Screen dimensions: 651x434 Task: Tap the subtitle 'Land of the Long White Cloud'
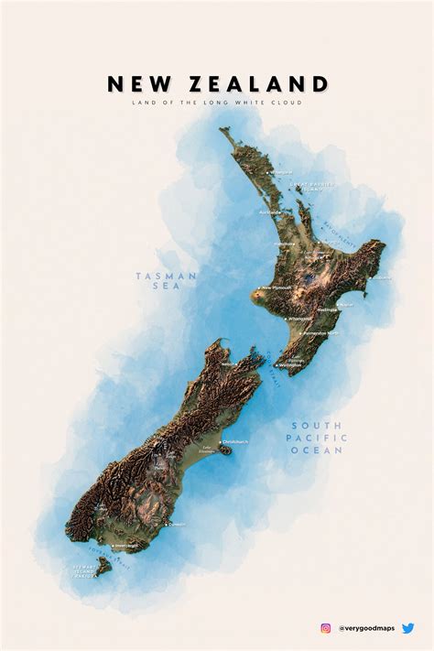pos(217,103)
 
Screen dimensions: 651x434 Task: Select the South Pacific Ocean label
pos(318,438)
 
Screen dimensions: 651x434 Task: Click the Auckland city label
pos(271,212)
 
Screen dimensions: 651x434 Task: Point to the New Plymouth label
pos(277,288)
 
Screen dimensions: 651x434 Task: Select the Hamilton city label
pos(284,244)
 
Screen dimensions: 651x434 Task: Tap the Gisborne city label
pos(381,277)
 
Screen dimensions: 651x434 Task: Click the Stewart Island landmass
pos(103,567)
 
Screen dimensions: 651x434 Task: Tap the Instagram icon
pos(325,628)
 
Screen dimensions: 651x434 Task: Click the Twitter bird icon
pos(407,628)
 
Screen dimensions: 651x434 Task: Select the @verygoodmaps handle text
pos(366,628)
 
